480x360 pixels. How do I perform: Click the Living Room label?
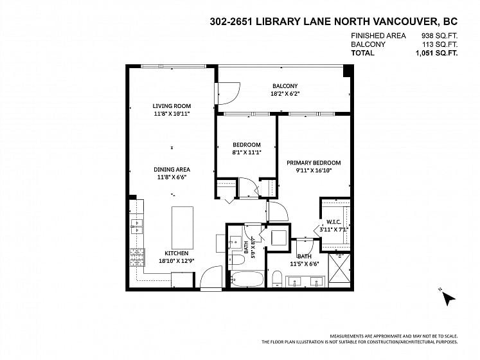(x=172, y=106)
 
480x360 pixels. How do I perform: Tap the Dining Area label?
(x=172, y=170)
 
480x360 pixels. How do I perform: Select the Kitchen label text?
(x=177, y=253)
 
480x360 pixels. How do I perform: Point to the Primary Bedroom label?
(x=314, y=163)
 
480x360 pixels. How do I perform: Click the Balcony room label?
(x=285, y=86)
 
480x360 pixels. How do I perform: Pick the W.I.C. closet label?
(x=333, y=222)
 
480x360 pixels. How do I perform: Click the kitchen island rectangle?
(x=182, y=228)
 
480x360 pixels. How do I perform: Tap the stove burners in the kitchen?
(x=137, y=256)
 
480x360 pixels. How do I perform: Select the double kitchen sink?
(x=136, y=226)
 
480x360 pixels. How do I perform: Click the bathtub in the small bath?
(x=247, y=279)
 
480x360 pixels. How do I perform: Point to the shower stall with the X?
(x=339, y=269)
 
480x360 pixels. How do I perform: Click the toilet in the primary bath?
(x=278, y=278)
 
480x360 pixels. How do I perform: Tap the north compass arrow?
(x=448, y=298)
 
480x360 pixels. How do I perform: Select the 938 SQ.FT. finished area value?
(x=440, y=36)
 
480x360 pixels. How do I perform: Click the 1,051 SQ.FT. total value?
(x=436, y=53)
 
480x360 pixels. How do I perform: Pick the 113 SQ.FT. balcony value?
(x=440, y=44)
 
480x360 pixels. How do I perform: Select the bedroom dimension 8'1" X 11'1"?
(x=247, y=152)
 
